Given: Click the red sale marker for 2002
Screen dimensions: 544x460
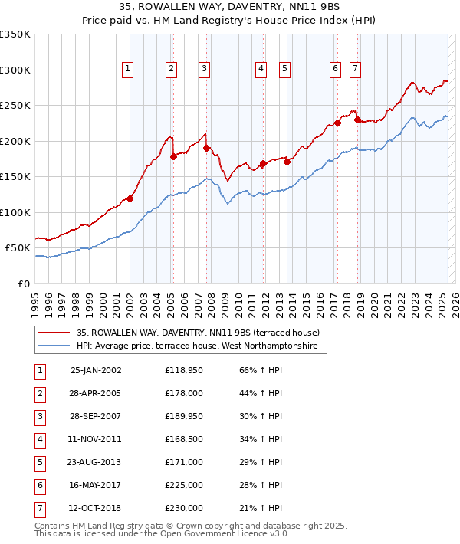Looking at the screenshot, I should (x=130, y=199).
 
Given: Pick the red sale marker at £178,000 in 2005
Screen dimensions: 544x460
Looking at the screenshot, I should (x=173, y=156).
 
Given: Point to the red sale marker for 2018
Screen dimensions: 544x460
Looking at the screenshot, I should (x=357, y=120).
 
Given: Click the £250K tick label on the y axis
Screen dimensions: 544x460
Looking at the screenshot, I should (x=15, y=105).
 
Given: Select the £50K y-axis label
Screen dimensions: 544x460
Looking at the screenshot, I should (x=18, y=248).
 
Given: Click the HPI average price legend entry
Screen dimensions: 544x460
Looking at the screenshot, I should (x=201, y=346).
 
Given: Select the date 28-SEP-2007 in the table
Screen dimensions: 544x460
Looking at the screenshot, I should (x=96, y=418).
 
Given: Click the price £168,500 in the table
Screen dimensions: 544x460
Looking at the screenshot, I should (x=183, y=440).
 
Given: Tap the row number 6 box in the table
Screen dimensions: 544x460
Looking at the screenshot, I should (x=39, y=485).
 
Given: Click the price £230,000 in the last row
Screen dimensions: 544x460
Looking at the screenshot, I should (x=183, y=508).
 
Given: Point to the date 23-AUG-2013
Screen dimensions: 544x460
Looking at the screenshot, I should (x=96, y=463).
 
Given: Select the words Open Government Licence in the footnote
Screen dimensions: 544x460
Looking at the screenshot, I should (x=218, y=534).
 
